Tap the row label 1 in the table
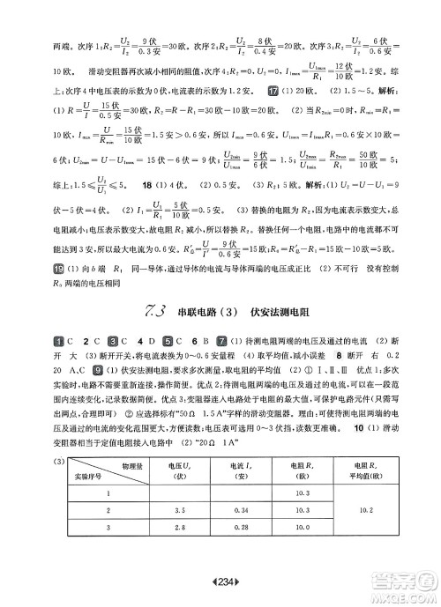[x=108, y=492]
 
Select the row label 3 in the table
[x=108, y=527]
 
